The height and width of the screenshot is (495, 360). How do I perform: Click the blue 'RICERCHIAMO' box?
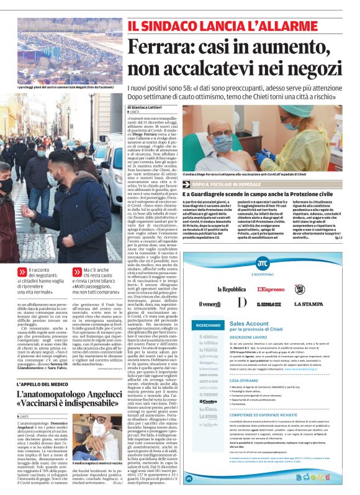[x=208, y=324]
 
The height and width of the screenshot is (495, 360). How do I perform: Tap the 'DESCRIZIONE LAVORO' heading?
[x=251, y=346]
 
